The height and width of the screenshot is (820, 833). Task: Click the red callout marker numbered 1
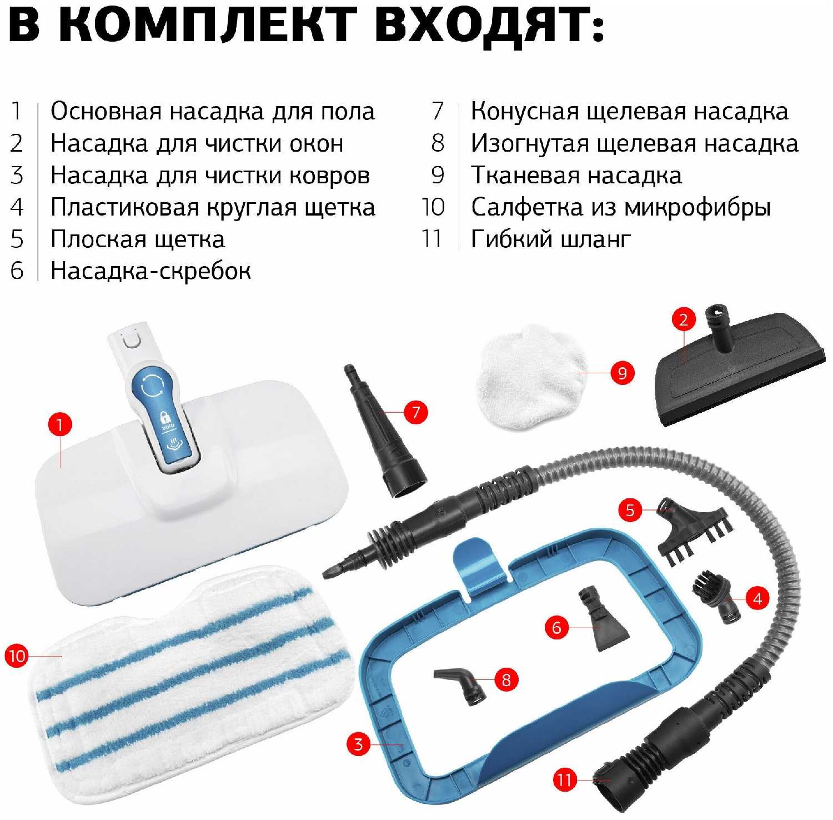pos(60,425)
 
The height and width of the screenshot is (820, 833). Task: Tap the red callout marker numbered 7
pos(416,412)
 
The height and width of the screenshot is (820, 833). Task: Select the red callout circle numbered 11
pos(565,779)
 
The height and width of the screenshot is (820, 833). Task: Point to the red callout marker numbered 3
pos(358,744)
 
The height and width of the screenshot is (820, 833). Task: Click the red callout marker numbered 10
pos(17,656)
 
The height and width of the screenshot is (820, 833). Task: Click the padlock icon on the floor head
pos(165,417)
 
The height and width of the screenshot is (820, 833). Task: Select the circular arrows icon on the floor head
pos(152,386)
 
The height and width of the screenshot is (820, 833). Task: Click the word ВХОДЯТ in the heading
pos(489,26)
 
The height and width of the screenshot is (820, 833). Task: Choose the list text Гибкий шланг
pos(551,239)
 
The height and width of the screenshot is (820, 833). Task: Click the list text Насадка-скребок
pos(150,271)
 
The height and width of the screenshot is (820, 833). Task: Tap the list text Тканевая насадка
pos(576,176)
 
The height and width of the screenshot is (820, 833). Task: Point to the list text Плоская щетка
pos(138,239)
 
